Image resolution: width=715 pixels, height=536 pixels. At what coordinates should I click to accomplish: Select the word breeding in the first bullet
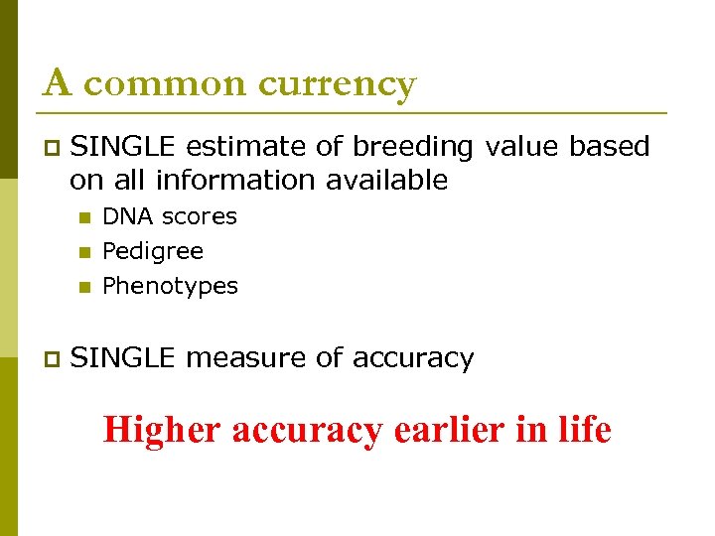413,147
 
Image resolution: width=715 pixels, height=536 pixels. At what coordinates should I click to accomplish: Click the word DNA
122,216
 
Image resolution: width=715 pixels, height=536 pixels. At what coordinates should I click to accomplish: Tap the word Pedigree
153,251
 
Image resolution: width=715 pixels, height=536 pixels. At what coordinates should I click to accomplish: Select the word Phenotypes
170,286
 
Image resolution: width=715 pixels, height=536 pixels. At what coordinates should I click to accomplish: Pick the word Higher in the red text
163,430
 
